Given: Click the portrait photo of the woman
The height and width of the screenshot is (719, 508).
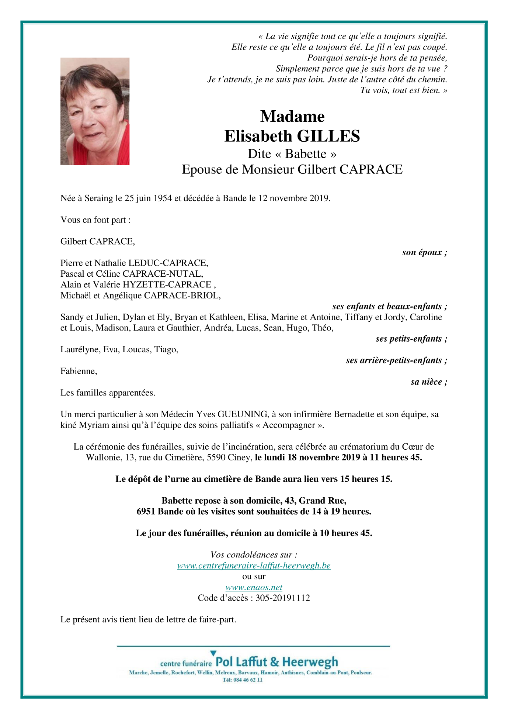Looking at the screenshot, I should click(95, 111).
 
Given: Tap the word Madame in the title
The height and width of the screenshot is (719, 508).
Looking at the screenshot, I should click(292, 117).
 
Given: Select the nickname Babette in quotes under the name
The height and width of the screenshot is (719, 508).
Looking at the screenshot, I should click(306, 154).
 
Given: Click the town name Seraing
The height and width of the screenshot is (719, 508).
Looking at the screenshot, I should click(99, 198).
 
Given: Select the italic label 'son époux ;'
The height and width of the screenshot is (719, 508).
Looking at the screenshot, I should click(424, 252).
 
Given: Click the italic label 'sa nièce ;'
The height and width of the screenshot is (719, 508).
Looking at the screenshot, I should click(429, 382).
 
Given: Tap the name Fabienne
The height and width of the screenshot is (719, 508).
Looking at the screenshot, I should click(79, 371).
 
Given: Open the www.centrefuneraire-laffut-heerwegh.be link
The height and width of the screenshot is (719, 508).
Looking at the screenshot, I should click(254, 566).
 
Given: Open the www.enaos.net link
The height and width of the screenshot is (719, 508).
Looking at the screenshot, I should click(254, 587).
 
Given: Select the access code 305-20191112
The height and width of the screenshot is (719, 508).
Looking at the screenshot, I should click(282, 598).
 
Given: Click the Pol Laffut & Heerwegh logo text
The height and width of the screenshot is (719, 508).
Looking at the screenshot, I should click(276, 662).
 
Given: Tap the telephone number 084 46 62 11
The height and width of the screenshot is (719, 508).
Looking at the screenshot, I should click(247, 680).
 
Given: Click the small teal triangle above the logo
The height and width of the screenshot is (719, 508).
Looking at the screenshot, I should click(213, 653).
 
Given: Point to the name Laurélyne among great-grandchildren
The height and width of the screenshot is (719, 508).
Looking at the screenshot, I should click(80, 349).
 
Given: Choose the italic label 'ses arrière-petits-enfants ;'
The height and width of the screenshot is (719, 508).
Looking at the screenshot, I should click(396, 360).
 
